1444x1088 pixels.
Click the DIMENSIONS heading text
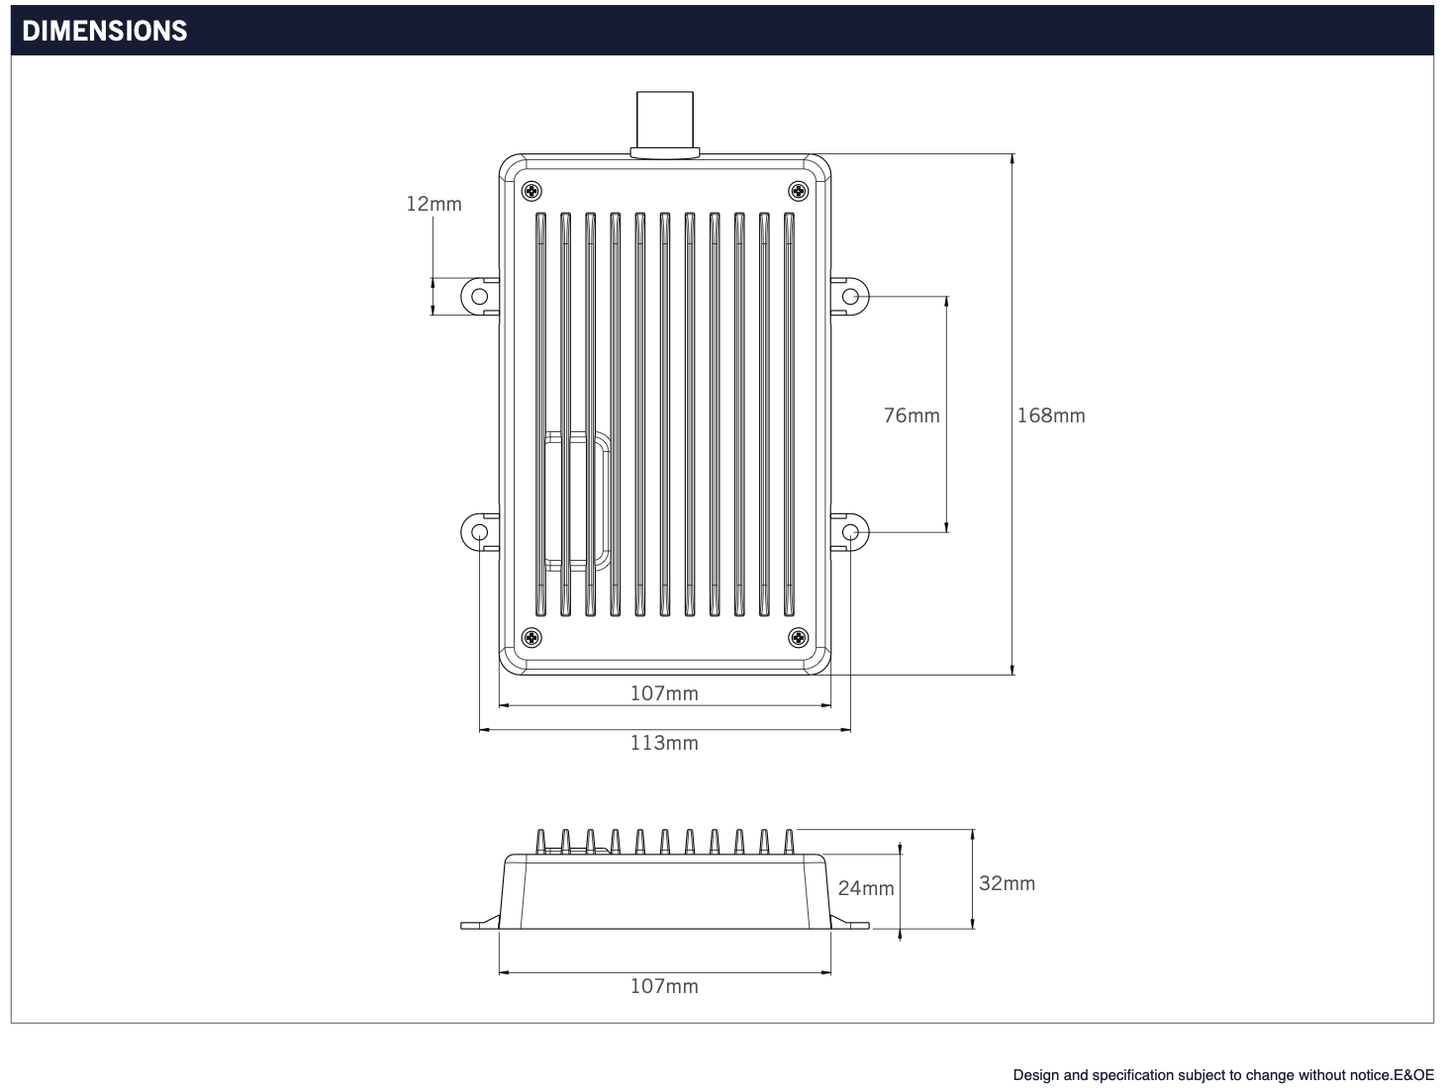click(x=104, y=31)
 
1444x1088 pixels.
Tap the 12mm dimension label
click(x=433, y=204)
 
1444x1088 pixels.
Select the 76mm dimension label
click(x=911, y=415)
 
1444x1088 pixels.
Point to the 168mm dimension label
click(x=1051, y=415)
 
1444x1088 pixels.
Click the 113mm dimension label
click(x=664, y=743)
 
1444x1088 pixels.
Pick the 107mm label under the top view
click(x=664, y=693)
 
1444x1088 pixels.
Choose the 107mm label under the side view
click(x=664, y=986)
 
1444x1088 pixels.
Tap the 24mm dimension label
click(x=866, y=888)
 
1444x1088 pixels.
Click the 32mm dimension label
click(x=1007, y=883)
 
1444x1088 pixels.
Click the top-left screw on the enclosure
click(x=532, y=190)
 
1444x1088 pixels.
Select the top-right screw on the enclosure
click(x=797, y=190)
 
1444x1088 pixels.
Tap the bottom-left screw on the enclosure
click(x=532, y=637)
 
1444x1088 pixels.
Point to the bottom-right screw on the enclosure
click(x=797, y=637)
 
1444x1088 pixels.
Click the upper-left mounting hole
click(x=479, y=297)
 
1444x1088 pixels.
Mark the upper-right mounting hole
click(x=849, y=297)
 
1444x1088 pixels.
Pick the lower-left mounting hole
click(x=479, y=533)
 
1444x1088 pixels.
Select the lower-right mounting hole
click(x=849, y=533)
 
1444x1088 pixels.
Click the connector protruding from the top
click(x=665, y=123)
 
